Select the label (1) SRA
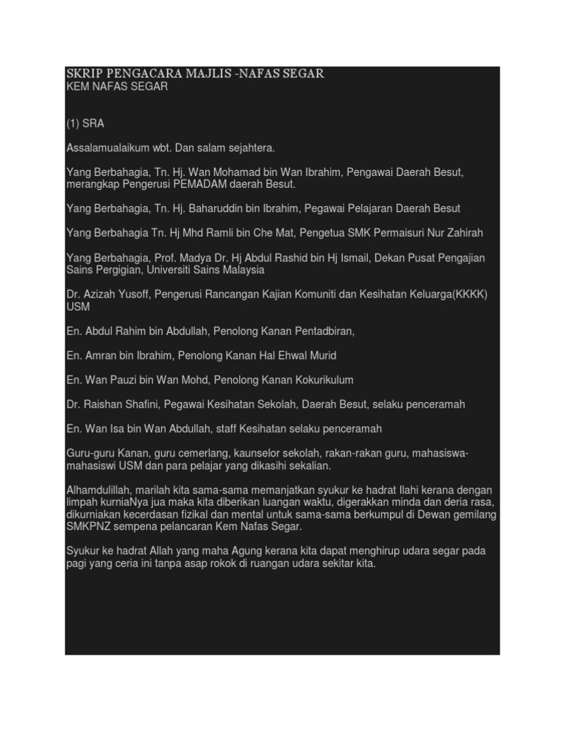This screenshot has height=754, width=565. (85, 124)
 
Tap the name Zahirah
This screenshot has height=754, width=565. (461, 233)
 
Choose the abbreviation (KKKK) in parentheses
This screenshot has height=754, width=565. (468, 295)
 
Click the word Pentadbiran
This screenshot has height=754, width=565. (321, 331)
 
